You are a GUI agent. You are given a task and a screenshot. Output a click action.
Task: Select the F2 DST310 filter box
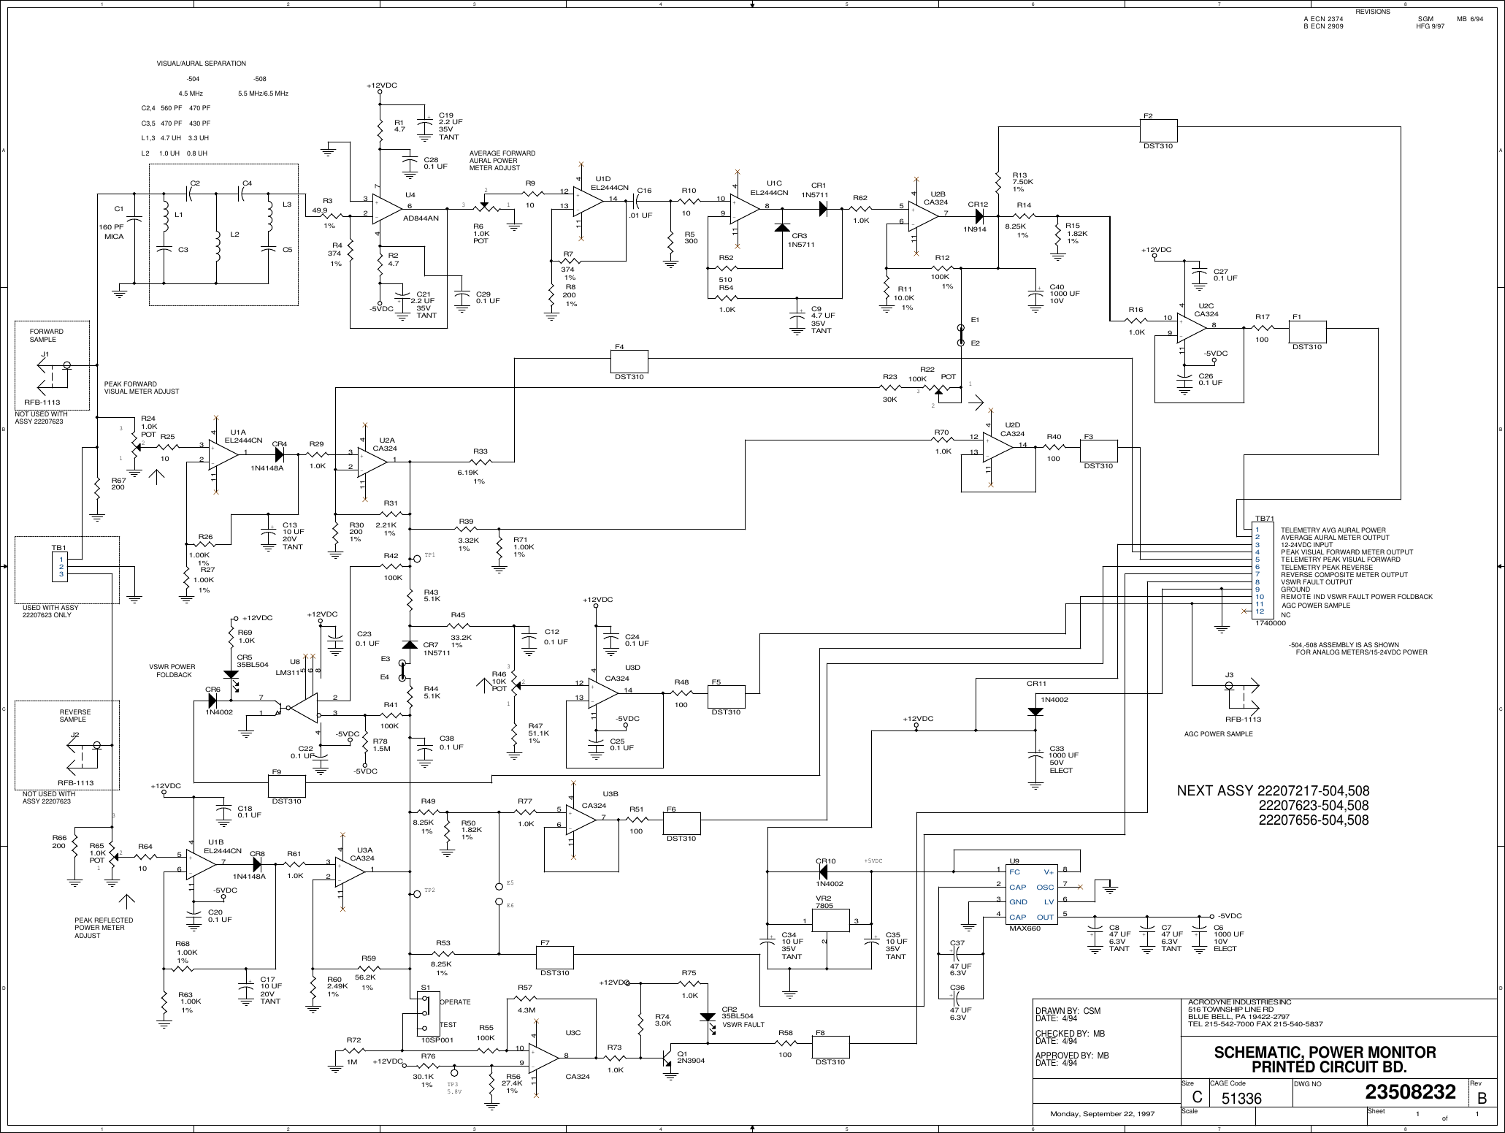click(x=1158, y=131)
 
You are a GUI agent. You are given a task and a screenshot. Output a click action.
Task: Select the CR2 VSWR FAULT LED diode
click(x=707, y=1017)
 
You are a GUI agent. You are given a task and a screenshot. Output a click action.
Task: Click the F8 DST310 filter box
click(x=831, y=1045)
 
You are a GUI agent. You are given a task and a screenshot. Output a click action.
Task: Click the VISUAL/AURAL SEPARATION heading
click(x=201, y=64)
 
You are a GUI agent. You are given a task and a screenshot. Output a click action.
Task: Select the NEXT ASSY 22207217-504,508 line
click(x=1272, y=792)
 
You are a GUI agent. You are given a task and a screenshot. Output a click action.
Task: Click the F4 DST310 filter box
click(x=629, y=360)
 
